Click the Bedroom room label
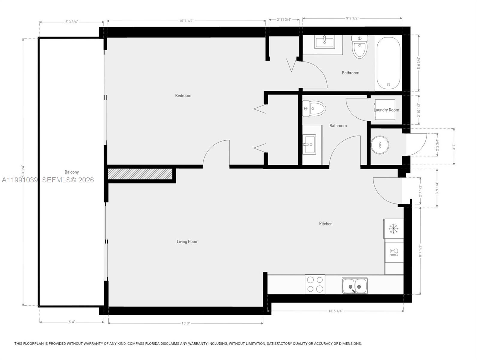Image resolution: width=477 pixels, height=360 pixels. click(183, 95)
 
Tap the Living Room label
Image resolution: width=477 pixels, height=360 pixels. click(187, 241)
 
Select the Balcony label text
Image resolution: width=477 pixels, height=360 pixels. click(72, 172)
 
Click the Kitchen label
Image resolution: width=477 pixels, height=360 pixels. click(325, 224)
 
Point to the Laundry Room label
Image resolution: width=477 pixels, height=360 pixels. click(386, 110)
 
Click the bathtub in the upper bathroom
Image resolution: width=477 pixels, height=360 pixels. click(388, 63)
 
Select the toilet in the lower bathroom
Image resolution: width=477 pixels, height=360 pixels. click(314, 108)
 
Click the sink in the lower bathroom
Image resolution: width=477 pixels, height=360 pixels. click(309, 145)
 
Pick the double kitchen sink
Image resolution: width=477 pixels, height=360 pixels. click(354, 286)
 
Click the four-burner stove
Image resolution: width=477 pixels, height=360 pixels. click(315, 284)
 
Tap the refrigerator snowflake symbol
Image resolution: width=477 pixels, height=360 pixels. click(393, 229)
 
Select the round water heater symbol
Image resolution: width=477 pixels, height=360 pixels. click(380, 145)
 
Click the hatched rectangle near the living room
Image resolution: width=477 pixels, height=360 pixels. click(140, 174)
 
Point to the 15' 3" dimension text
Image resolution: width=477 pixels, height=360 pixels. click(185, 323)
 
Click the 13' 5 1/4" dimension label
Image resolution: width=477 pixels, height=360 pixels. click(335, 311)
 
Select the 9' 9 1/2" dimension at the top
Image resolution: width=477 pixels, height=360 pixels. click(352, 18)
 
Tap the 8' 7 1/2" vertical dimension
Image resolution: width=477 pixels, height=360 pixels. click(420, 251)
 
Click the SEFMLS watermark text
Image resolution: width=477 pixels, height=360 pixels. click(68, 180)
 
